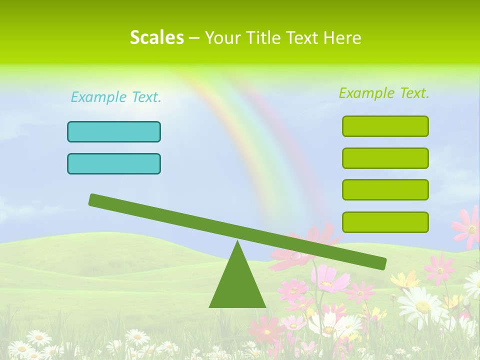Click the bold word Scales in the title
[x=156, y=37]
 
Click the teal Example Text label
[x=116, y=97]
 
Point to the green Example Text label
[x=384, y=93]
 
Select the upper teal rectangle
[x=114, y=131]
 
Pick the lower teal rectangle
[x=114, y=163]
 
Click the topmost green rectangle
[x=385, y=126]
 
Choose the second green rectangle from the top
[x=385, y=158]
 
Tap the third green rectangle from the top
[x=385, y=189]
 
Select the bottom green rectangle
[x=385, y=222]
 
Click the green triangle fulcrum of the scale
[x=237, y=285]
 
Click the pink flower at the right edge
[x=467, y=227]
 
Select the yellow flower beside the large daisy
[x=404, y=280]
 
